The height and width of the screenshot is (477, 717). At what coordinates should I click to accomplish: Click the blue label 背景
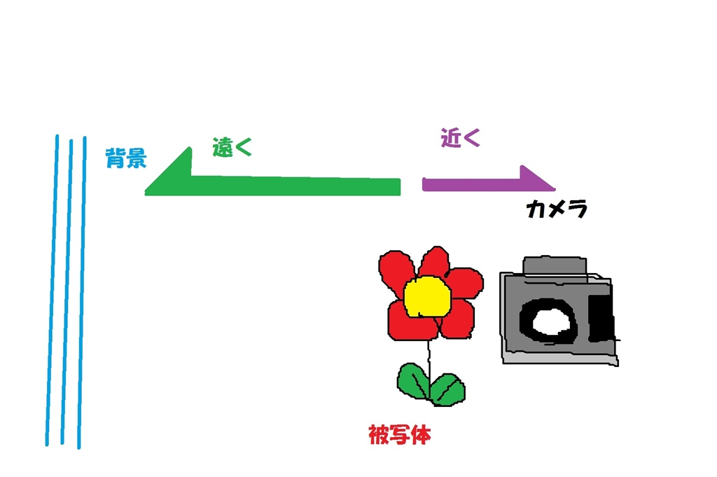click(126, 158)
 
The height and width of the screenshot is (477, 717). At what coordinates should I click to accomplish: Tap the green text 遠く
click(232, 147)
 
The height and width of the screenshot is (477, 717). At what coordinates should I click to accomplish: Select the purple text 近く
click(460, 138)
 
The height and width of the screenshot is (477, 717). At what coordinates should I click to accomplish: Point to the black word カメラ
click(557, 209)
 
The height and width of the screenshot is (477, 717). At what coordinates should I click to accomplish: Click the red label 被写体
click(399, 436)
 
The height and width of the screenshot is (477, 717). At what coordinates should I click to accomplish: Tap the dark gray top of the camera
click(555, 265)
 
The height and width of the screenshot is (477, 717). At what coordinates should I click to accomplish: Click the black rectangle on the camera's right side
click(600, 319)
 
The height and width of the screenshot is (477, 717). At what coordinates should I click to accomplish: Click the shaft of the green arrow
click(294, 186)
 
